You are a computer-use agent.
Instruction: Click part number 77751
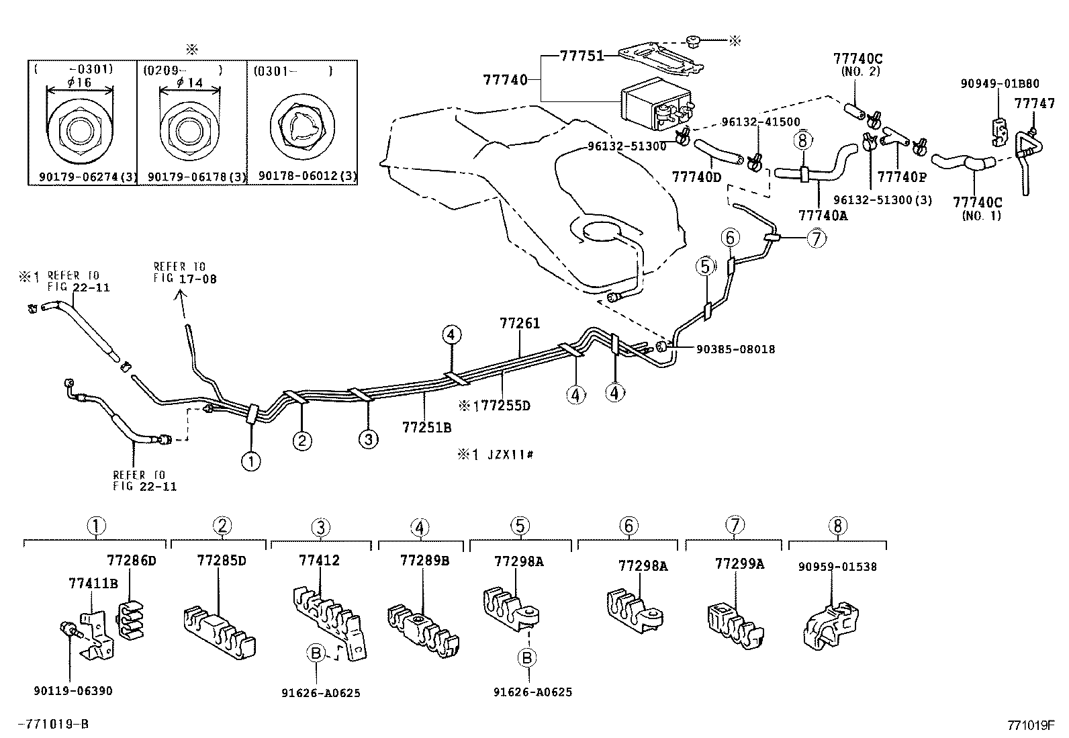pos(582,56)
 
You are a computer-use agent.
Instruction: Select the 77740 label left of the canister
pos(505,79)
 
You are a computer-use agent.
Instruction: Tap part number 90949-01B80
pos(1000,83)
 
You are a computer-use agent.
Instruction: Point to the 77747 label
pos(1034,103)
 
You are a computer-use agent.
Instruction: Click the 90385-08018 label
pos(735,349)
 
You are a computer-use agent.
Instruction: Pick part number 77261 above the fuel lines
pos(520,323)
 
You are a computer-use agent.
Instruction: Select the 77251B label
pos(426,427)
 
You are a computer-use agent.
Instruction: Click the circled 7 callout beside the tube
pos(817,238)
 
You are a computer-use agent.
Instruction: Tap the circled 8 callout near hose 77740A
pos(802,140)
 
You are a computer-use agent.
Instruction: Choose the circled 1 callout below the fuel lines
pos(251,461)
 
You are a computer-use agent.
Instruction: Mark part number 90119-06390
pos(73,691)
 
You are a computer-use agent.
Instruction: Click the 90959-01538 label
pos(837,567)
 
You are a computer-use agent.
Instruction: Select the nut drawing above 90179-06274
pos(80,129)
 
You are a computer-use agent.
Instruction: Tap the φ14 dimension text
pos(189,83)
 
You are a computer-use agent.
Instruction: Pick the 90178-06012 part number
pos(308,176)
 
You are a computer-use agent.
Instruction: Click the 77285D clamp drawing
pos(220,632)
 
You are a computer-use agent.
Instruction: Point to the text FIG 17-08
pos(185,279)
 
